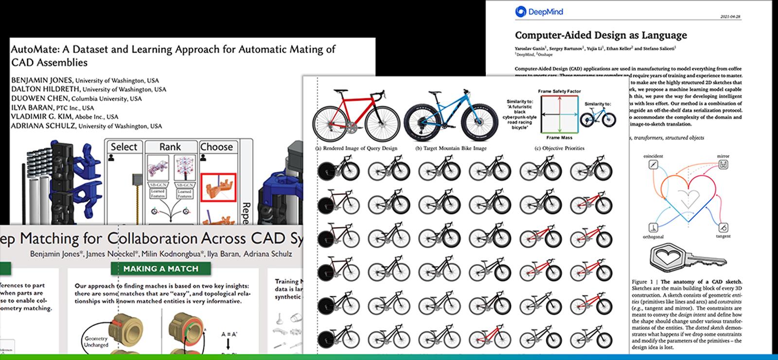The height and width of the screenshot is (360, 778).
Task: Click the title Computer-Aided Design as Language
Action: pyautogui.click(x=601, y=35)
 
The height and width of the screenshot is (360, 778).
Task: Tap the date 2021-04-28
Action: pyautogui.click(x=730, y=17)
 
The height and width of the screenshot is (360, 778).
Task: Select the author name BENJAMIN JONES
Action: pyautogui.click(x=42, y=80)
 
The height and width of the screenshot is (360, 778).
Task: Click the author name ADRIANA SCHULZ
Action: pyautogui.click(x=43, y=126)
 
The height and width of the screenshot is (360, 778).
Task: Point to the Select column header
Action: pyautogui.click(x=124, y=147)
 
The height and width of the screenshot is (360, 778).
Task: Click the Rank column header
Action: pyautogui.click(x=170, y=147)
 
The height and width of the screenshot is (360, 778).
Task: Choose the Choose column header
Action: pyautogui.click(x=216, y=147)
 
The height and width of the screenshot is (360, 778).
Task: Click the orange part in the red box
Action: pyautogui.click(x=218, y=188)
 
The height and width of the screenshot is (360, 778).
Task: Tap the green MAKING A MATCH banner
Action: pyautogui.click(x=160, y=269)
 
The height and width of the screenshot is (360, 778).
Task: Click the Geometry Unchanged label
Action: pyautogui.click(x=96, y=342)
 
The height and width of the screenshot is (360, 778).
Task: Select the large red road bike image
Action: pyautogui.click(x=356, y=115)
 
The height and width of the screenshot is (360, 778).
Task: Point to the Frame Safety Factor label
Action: pyautogui.click(x=559, y=91)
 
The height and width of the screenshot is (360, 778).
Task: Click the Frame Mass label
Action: pyautogui.click(x=559, y=138)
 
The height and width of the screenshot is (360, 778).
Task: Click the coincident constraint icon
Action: pyautogui.click(x=654, y=165)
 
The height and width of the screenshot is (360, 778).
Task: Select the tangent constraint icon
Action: pyautogui.click(x=723, y=227)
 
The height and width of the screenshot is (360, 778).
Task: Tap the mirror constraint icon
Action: pyautogui.click(x=723, y=165)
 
